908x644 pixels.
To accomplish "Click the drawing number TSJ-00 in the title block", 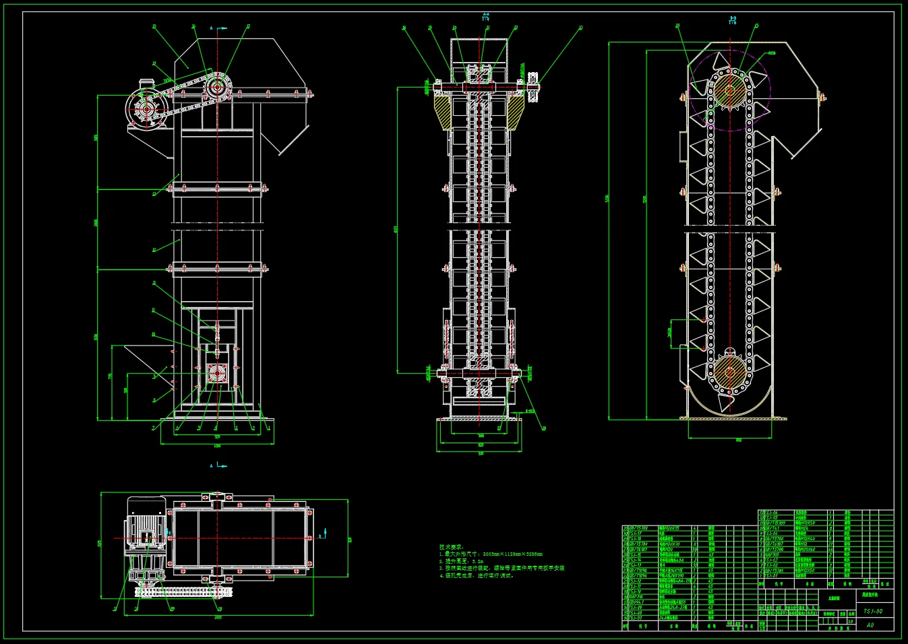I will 873,612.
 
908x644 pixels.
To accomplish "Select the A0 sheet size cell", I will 870,625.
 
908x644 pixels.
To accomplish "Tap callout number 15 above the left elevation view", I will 154,27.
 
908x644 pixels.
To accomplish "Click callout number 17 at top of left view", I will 248,27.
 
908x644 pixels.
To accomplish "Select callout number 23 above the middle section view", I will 580,28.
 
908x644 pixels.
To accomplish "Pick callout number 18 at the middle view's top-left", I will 404,28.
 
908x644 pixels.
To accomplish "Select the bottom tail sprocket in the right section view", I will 729,370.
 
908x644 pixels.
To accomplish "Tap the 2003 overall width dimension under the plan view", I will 218,617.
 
